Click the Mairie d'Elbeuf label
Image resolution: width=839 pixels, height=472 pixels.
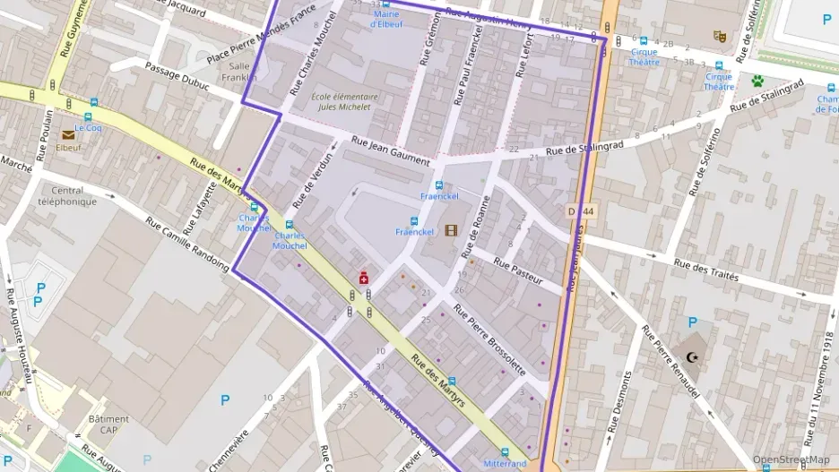386,19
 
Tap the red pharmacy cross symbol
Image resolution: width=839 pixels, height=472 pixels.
364,279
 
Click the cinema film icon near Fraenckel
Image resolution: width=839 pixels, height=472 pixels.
451,230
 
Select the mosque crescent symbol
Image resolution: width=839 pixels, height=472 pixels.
691,356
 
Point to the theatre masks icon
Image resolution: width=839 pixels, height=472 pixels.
718,36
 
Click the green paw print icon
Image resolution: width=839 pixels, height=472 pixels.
757,81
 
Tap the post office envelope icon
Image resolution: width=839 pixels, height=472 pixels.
68,134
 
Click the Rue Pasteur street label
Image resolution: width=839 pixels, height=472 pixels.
518,272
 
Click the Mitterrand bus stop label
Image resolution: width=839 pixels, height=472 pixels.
505,464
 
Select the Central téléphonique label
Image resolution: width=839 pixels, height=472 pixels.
67,196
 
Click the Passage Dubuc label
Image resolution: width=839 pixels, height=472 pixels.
177,78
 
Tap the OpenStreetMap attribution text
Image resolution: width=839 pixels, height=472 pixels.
791,459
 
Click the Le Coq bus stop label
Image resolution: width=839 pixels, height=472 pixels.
89,127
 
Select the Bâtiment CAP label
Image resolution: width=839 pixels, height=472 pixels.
108,424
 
